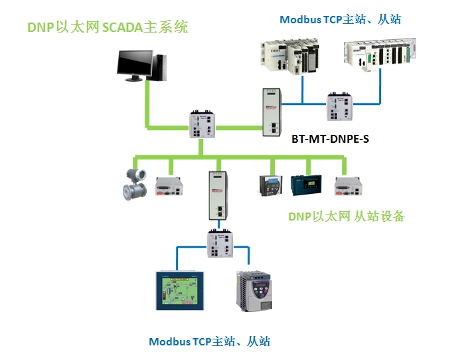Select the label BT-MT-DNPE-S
point(330,140)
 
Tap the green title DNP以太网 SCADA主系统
point(108,27)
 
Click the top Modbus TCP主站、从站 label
point(340,19)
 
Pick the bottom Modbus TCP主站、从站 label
point(209,341)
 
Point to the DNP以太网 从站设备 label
point(346,217)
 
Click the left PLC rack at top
point(290,57)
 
